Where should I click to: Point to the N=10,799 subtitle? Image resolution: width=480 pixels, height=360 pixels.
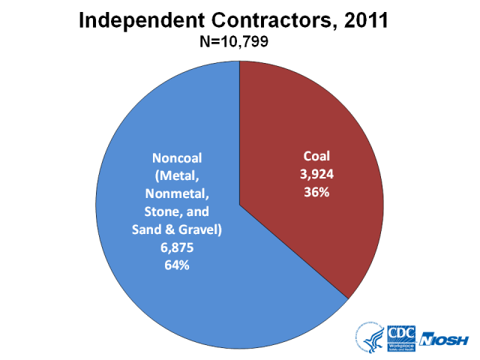tap(239, 43)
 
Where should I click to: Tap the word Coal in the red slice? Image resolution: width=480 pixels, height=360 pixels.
tap(316, 157)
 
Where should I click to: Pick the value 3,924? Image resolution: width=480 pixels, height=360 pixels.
tap(316, 174)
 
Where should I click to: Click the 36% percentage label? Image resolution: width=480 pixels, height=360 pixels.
tap(316, 191)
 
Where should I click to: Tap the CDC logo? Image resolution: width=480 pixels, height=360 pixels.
tap(400, 337)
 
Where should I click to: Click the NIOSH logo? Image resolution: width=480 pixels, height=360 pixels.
tap(445, 339)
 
